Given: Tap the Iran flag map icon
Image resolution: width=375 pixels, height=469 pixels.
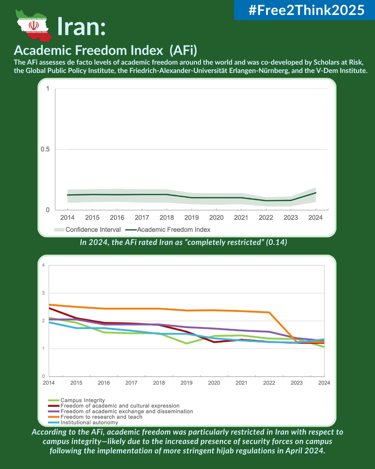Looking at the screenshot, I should [x=33, y=25].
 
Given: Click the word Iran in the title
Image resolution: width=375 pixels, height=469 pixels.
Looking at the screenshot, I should [x=81, y=26].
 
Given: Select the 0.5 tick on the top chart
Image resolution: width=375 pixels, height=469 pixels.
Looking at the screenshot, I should [x=45, y=149].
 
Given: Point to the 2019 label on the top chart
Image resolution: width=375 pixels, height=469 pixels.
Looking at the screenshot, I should [x=191, y=218].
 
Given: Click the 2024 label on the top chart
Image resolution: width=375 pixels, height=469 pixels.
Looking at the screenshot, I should [x=315, y=218].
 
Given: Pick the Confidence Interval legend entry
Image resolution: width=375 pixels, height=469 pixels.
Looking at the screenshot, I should [x=87, y=230].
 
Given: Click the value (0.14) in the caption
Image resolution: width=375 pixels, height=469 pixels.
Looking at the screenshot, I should [x=276, y=242].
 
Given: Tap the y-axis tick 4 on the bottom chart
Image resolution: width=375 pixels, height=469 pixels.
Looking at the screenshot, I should [x=43, y=265].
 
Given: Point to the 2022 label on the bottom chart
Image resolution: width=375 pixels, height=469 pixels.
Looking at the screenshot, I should [x=269, y=383].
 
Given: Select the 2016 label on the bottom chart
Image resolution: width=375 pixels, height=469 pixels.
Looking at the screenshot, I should [x=104, y=383].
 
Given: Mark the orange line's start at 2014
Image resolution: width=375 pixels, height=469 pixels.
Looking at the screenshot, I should [x=49, y=305].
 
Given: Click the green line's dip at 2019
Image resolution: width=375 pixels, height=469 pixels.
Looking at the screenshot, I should [x=186, y=343].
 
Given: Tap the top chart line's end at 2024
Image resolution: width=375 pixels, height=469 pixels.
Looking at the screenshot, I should [x=316, y=192].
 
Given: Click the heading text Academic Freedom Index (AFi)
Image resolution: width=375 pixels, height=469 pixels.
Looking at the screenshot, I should [x=106, y=51].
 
